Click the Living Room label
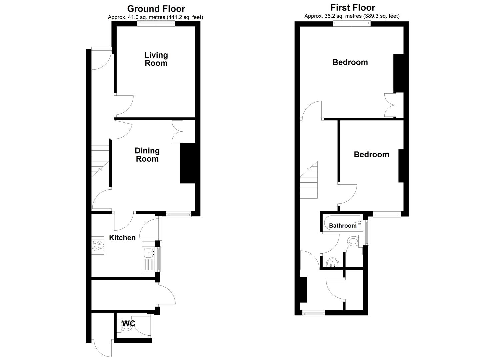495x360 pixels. pyautogui.click(x=156, y=59)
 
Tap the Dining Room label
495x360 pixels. pyautogui.click(x=147, y=155)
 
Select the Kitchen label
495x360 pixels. pyautogui.click(x=122, y=238)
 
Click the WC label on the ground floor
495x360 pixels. pyautogui.click(x=128, y=323)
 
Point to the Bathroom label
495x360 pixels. pyautogui.click(x=343, y=226)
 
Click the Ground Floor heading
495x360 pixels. pyautogui.click(x=156, y=9)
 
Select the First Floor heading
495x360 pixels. pyautogui.click(x=353, y=7)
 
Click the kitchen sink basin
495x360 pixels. pyautogui.click(x=149, y=253)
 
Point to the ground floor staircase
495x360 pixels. pyautogui.click(x=100, y=158)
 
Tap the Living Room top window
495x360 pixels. pyautogui.click(x=156, y=23)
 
